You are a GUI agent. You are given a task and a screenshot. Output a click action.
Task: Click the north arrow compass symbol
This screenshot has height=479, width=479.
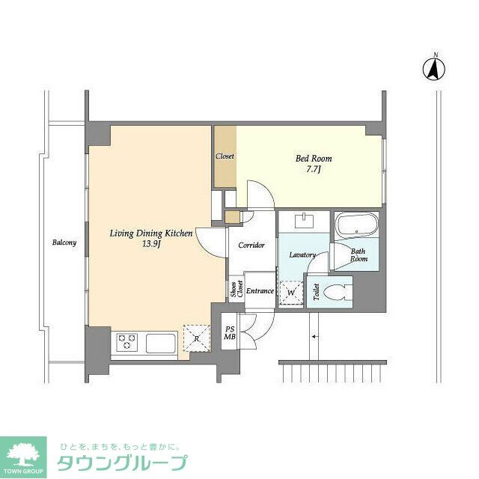click(434, 69)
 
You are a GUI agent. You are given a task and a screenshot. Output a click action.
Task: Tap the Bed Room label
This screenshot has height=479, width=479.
click(314, 159)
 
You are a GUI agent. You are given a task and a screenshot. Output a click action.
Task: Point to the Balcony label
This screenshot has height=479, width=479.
click(64, 242)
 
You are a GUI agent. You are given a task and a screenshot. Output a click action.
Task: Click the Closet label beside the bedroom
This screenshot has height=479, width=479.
click(225, 156)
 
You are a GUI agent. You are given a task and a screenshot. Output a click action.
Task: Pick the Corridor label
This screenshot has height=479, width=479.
click(251, 245)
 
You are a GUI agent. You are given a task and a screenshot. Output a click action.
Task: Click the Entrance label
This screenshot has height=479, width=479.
click(260, 291)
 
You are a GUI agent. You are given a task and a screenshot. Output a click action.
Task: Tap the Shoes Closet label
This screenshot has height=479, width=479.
click(236, 290)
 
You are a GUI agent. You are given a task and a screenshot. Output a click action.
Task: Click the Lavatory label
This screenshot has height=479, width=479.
click(302, 254)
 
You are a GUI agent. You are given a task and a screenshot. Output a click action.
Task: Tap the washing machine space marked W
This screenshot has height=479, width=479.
click(290, 293)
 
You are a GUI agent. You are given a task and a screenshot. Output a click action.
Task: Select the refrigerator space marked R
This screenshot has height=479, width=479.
click(195, 338)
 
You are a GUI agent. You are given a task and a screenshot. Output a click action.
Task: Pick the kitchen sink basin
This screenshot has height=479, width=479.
click(160, 344)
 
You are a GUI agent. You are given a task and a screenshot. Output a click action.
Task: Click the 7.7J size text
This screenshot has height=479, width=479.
click(314, 171)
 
